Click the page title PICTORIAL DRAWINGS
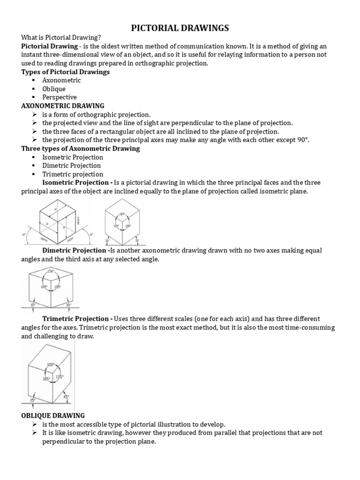180,29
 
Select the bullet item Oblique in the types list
54,89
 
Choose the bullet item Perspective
60,97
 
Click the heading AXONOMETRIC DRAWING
63,106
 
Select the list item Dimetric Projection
71,165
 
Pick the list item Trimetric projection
72,174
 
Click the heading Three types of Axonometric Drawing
81,149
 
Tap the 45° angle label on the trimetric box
67,397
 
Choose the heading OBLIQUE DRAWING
53,415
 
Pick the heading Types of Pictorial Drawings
66,72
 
